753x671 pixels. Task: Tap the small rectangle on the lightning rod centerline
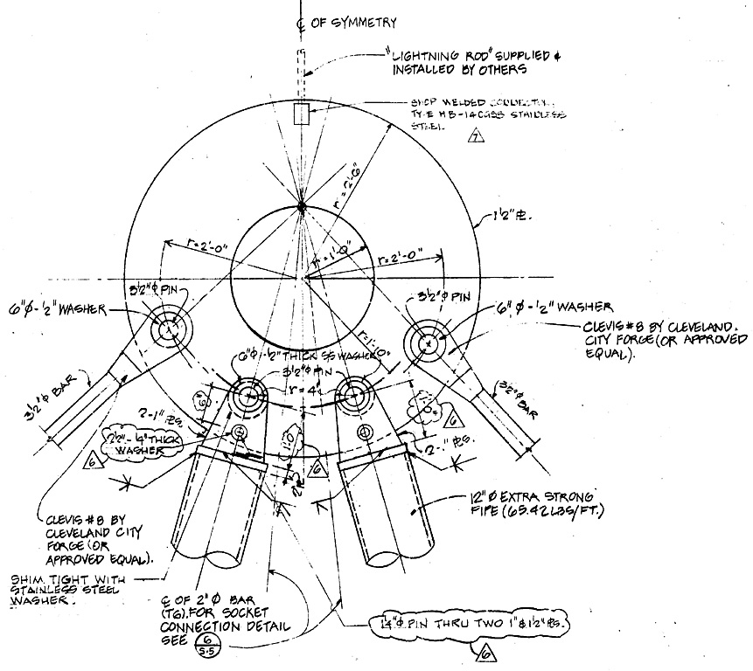302,114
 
